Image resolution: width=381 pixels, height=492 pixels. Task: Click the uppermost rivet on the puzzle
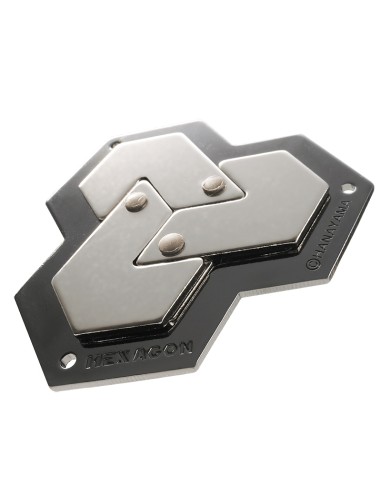pyautogui.click(x=212, y=183)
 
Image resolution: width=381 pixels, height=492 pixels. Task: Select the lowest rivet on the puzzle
pyautogui.click(x=173, y=241)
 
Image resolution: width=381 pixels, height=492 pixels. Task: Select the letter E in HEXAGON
pyautogui.click(x=113, y=356)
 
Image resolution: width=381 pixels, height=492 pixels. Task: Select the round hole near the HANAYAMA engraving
pyautogui.click(x=347, y=188)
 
